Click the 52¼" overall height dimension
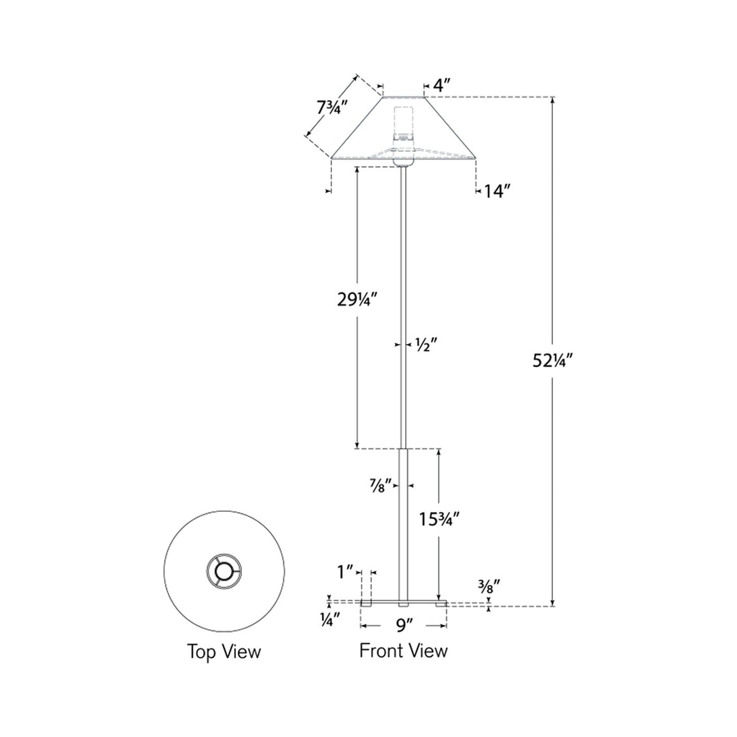(x=553, y=361)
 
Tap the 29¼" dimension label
(x=357, y=300)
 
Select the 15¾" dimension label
(x=440, y=519)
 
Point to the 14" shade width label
(x=497, y=191)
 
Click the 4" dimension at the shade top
(x=441, y=85)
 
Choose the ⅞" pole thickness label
(x=380, y=486)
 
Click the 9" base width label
(x=403, y=625)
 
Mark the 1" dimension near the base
(x=345, y=572)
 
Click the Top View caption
(x=224, y=651)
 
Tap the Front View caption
(x=403, y=650)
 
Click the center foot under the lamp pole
(x=403, y=605)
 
